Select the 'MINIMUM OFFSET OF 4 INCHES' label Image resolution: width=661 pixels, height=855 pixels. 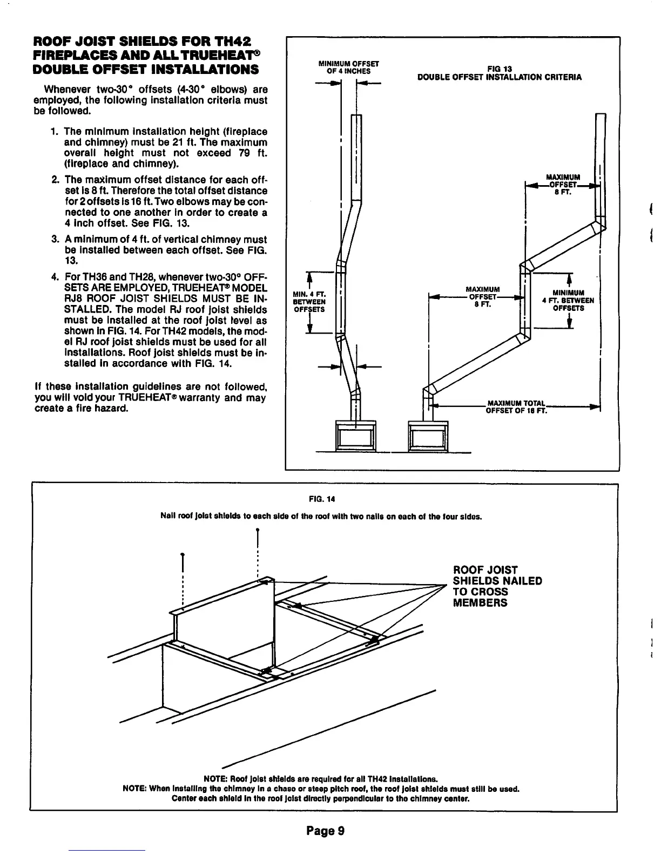click(348, 67)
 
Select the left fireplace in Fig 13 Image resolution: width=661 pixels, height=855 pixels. click(355, 435)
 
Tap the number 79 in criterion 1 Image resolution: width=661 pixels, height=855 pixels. click(244, 153)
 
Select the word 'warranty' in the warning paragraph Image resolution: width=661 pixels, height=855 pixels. click(202, 398)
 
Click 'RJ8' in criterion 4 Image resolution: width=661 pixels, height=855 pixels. click(75, 299)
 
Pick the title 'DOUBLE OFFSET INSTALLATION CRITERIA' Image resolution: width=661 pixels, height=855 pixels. click(500, 77)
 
